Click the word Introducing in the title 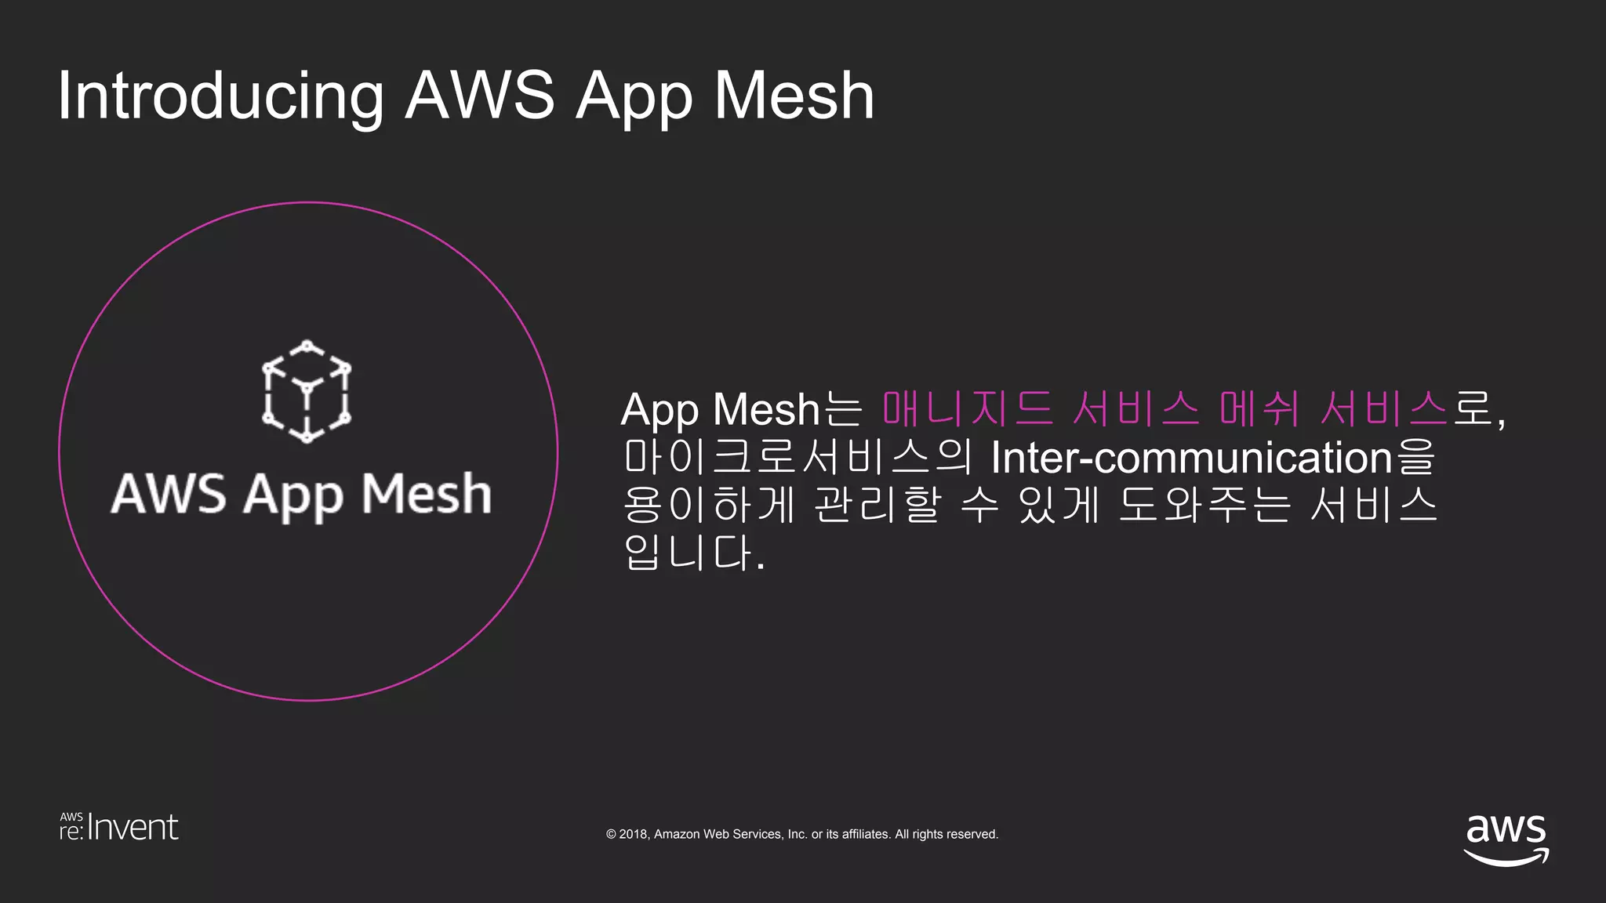coord(220,96)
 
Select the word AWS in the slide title coord(480,96)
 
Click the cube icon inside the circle coord(307,391)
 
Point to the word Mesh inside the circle coord(427,494)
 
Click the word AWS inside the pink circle coord(169,494)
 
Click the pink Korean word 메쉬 coord(1259,408)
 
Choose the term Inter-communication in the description coord(1191,457)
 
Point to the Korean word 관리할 coord(877,505)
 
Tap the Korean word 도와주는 coord(1204,505)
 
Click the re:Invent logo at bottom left coord(119,828)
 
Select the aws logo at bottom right coord(1506,839)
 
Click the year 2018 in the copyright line coord(633,834)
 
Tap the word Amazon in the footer coord(677,834)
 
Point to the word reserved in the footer coord(972,834)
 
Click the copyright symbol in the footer coord(611,834)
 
